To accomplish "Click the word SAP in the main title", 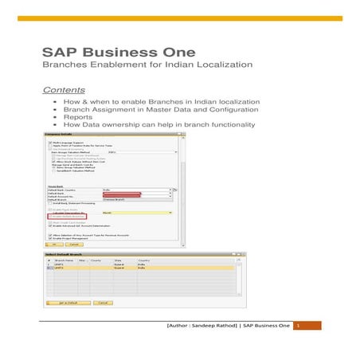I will tap(59, 52).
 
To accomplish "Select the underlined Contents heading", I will tap(64, 90).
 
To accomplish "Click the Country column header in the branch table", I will tap(144, 260).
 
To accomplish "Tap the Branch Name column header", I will tap(66, 260).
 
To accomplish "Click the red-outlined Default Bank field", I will tap(121, 193).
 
